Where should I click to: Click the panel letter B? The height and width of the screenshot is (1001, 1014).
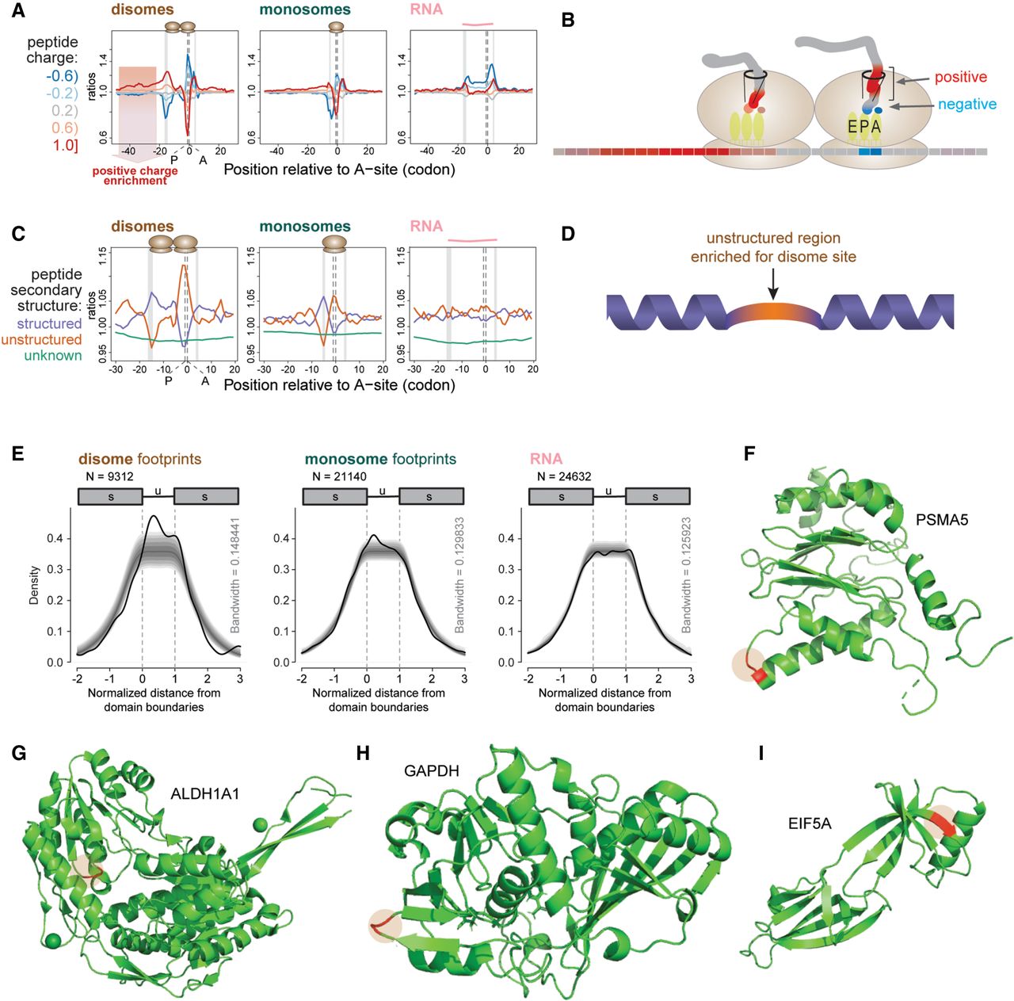coord(568,21)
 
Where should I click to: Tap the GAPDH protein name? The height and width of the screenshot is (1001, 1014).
coord(432,771)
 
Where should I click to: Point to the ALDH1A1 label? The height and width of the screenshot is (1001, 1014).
coord(204,793)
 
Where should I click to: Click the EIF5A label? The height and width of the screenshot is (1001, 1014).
coord(810,823)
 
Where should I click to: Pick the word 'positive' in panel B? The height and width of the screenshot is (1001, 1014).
coord(961,78)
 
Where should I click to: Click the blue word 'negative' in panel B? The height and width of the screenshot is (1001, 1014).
coord(967,105)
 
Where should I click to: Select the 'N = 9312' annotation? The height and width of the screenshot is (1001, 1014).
coord(109,476)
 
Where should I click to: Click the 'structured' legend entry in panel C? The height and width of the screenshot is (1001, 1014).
coord(49,323)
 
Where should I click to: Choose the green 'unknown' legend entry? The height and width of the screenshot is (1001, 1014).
coord(53,355)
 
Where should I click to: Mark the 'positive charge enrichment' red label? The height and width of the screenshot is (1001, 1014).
coord(135,175)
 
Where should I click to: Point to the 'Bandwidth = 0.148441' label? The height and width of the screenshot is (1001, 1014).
coord(234,575)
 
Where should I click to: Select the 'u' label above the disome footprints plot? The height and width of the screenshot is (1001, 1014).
coord(158,491)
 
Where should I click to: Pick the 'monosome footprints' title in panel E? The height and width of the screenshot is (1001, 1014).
coord(380,459)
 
